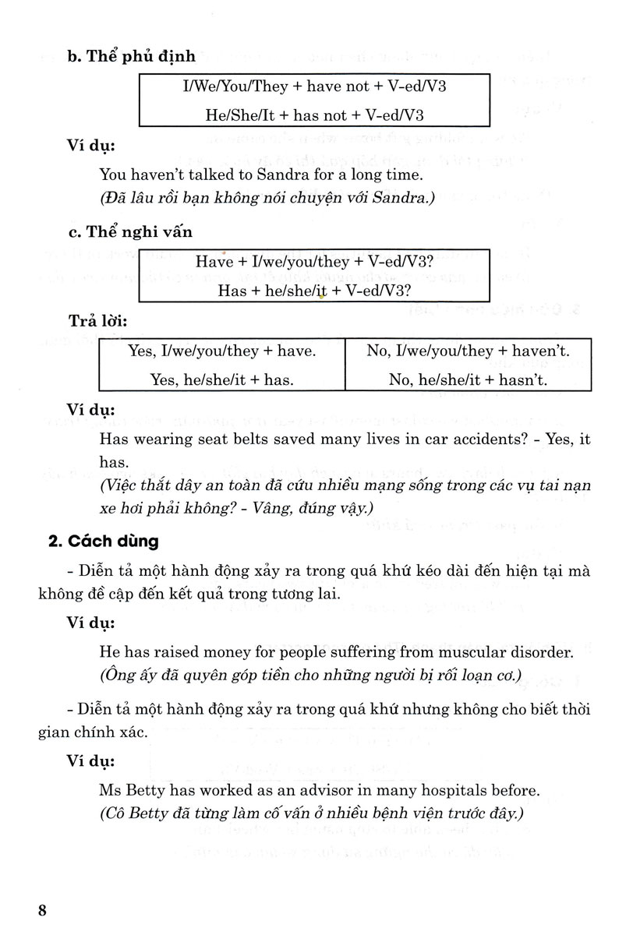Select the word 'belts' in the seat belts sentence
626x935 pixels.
(x=254, y=439)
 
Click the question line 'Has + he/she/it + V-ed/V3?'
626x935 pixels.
(x=315, y=291)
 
